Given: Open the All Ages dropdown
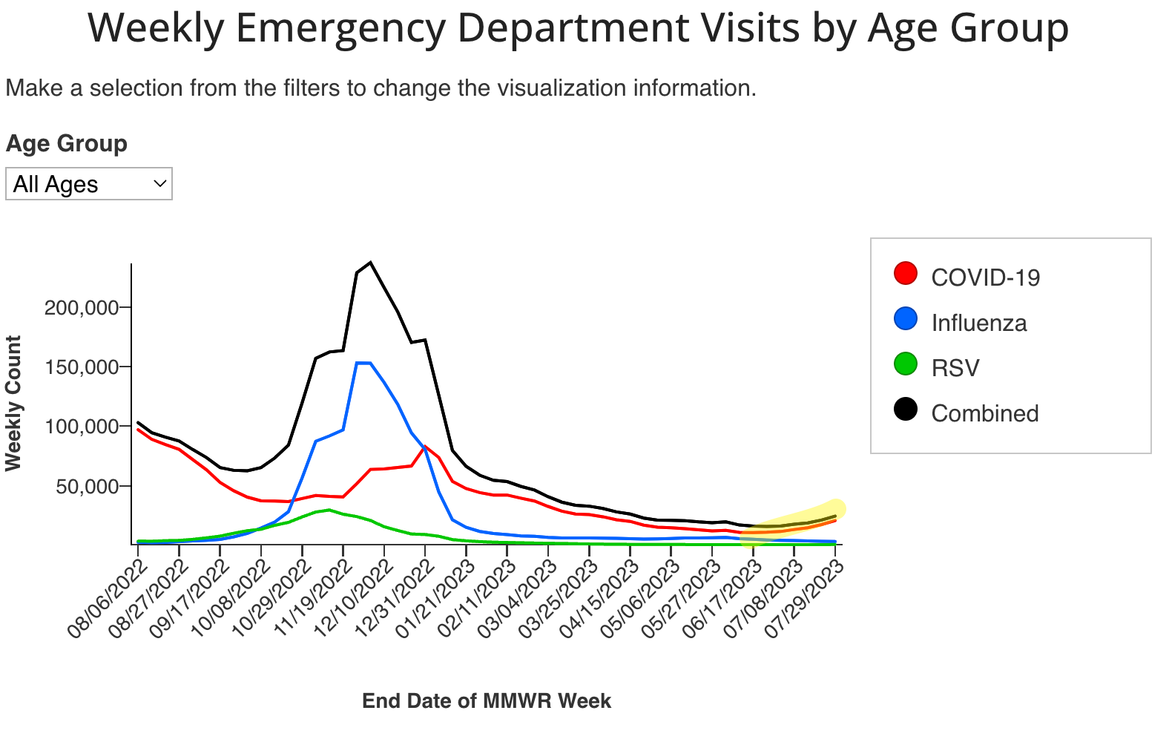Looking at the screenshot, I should pos(89,184).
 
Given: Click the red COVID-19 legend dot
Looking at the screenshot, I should pos(906,273).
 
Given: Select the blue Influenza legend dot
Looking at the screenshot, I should pos(906,319).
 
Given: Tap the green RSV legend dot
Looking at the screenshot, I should pos(906,364).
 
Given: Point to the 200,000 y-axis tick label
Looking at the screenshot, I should pos(82,307).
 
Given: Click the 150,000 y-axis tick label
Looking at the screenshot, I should pos(82,367).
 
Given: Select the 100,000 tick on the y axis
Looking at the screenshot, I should pos(82,427).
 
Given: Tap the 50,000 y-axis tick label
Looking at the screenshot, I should pos(88,486).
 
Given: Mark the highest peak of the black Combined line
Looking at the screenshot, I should pos(370,262).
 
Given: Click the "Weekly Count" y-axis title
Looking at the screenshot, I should pos(13,403).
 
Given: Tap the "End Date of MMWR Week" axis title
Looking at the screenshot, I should pos(487,701).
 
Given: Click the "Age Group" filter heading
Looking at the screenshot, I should pos(67,143).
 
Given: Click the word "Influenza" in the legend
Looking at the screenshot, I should pos(979,324).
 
